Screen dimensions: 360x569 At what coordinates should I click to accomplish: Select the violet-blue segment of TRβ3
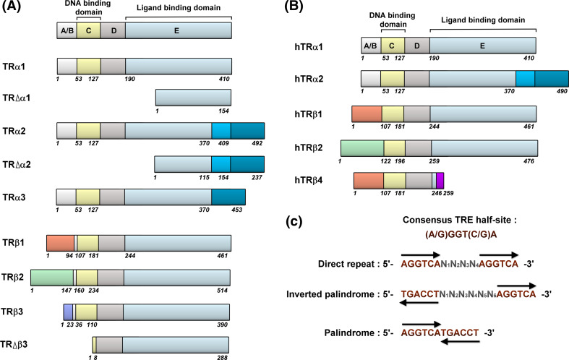tap(68, 312)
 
